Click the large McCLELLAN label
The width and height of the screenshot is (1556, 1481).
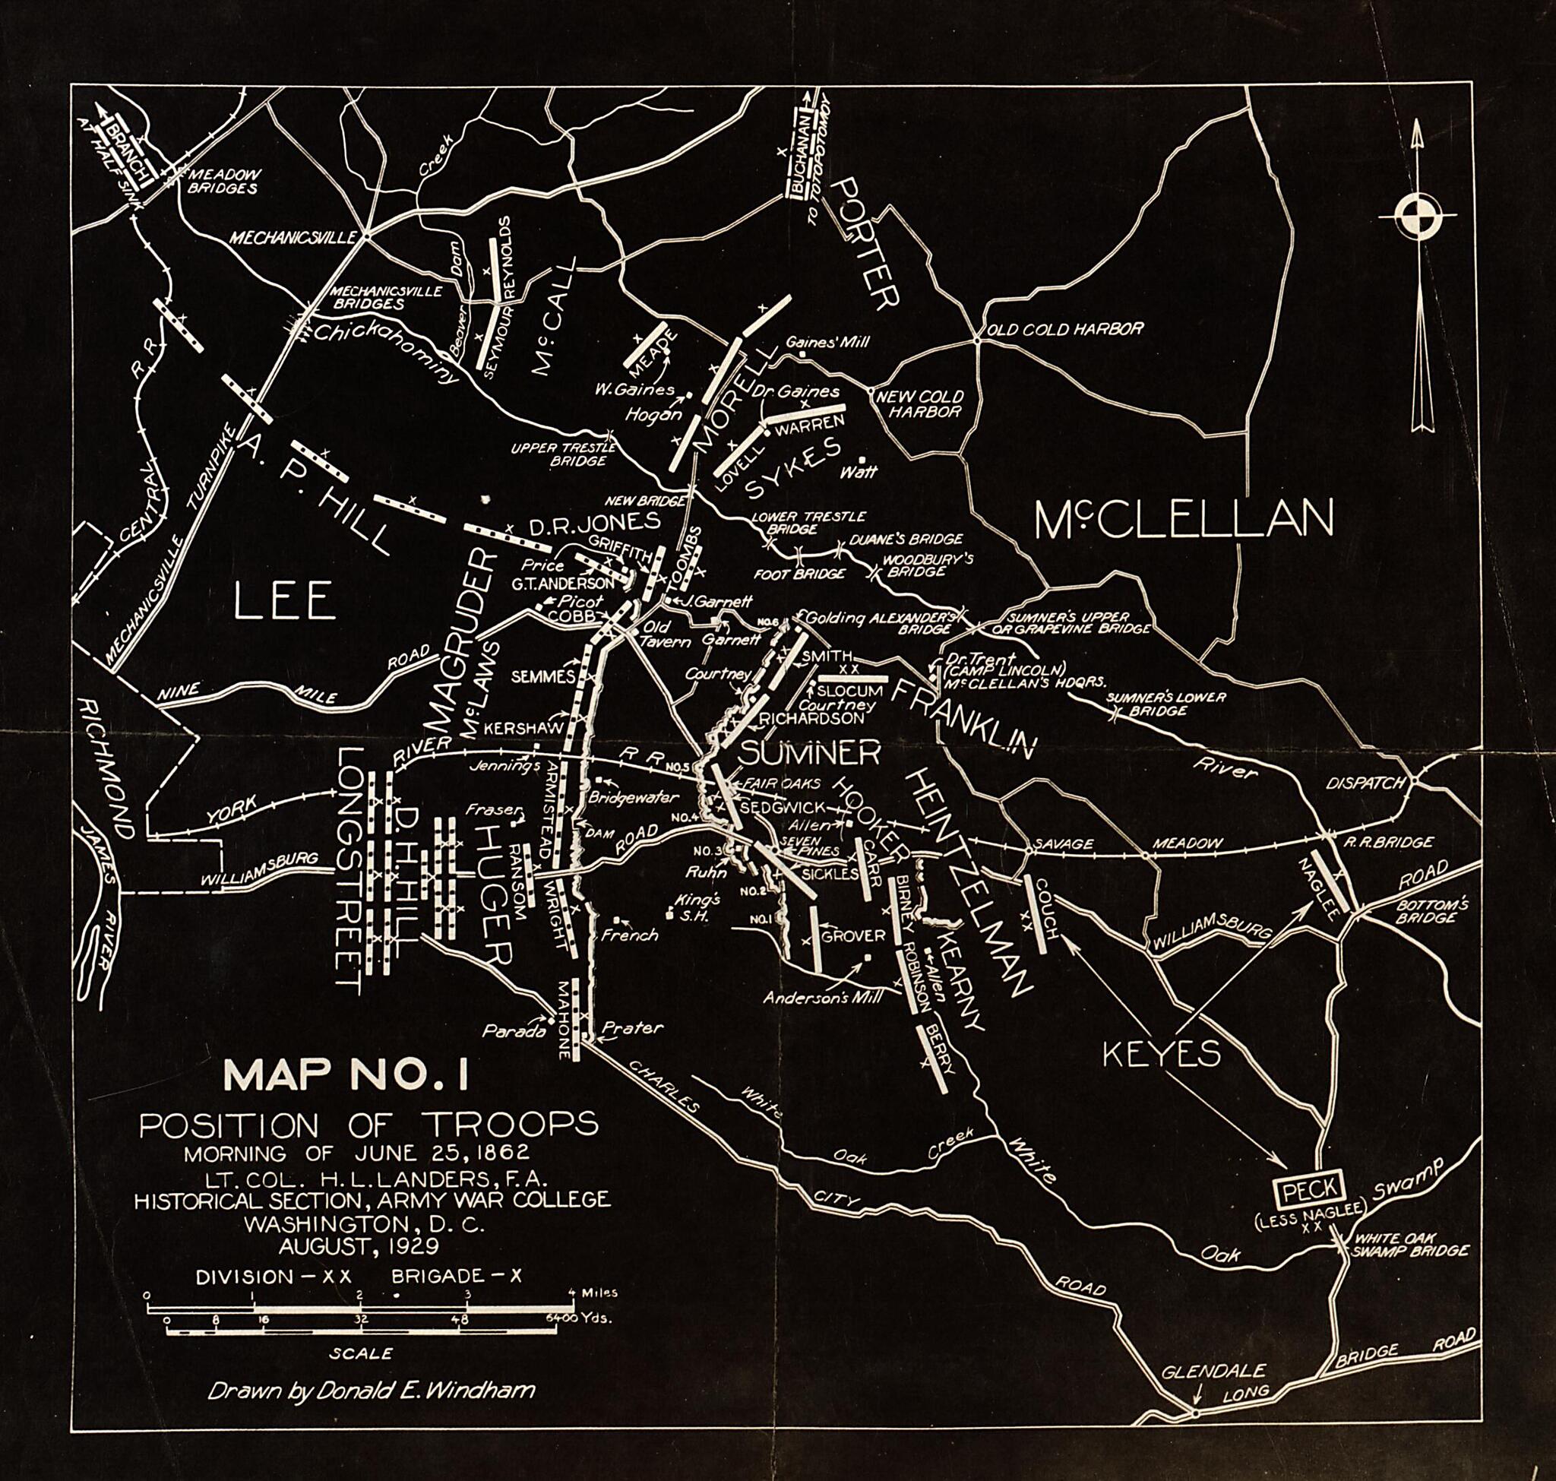click(x=1184, y=520)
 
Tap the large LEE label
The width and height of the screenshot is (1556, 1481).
click(x=285, y=603)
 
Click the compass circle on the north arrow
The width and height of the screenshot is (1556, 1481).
click(x=1418, y=216)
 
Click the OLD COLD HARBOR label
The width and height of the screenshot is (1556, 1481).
click(x=1065, y=328)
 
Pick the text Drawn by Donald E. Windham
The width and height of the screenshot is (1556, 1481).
click(x=371, y=1391)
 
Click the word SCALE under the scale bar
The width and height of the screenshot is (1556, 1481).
click(x=361, y=1353)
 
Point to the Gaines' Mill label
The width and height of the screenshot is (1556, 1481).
click(x=827, y=342)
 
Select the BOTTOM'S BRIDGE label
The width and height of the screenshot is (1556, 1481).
click(x=1431, y=912)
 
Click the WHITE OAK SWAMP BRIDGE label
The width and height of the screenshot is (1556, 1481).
click(x=1411, y=1245)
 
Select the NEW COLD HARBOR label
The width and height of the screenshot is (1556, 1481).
click(x=920, y=403)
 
